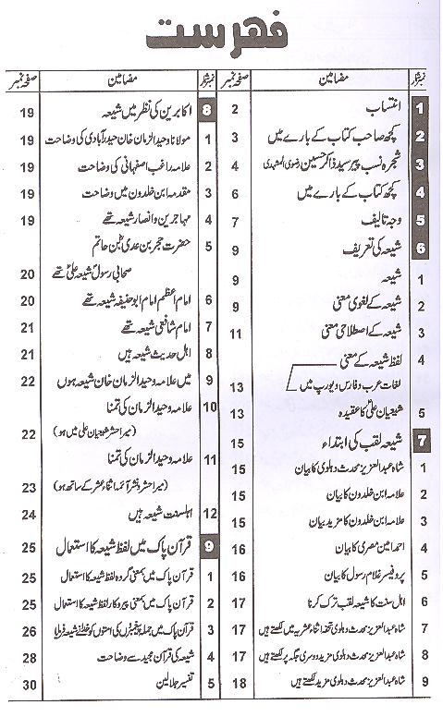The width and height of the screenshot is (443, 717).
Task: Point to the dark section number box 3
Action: (423, 166)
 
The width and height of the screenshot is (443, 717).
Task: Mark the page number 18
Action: (237, 685)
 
